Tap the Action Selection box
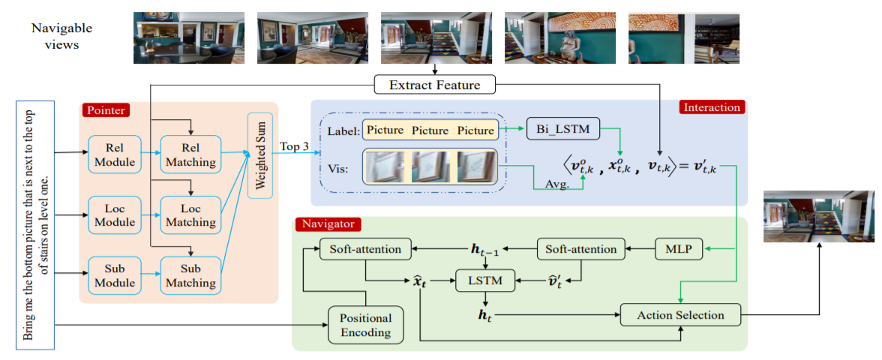tap(680, 315)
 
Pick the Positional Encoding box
tap(365, 325)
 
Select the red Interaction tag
tap(711, 107)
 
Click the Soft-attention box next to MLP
tap(581, 248)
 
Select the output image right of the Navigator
tap(817, 216)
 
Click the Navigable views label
tap(61, 35)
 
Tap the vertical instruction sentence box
tap(35, 225)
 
